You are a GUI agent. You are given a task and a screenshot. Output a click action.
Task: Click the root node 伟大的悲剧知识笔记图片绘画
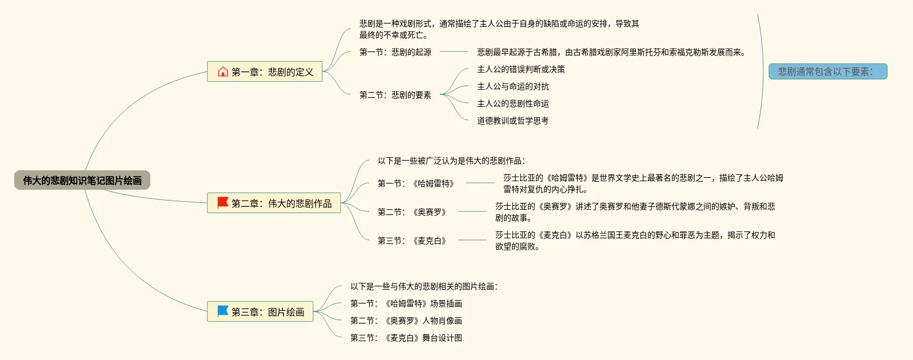pos(82,181)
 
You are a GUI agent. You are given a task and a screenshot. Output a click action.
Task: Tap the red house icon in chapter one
pos(223,72)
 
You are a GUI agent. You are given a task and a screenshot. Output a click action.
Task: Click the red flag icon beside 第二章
pos(223,203)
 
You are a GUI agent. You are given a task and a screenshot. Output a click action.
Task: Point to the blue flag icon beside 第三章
pos(223,311)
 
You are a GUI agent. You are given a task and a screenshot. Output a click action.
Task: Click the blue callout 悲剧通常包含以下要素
pos(827,71)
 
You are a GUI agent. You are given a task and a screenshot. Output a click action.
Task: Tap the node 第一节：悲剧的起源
pos(395,52)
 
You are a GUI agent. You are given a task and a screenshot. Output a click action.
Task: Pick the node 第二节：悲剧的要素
pos(395,95)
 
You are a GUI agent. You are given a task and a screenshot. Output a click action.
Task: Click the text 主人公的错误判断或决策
pos(521,69)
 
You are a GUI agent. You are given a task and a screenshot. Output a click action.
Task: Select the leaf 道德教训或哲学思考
pos(513,121)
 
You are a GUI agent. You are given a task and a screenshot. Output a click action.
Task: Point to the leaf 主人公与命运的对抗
pos(513,86)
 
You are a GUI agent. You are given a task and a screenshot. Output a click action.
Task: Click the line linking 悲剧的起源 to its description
pos(454,51)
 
